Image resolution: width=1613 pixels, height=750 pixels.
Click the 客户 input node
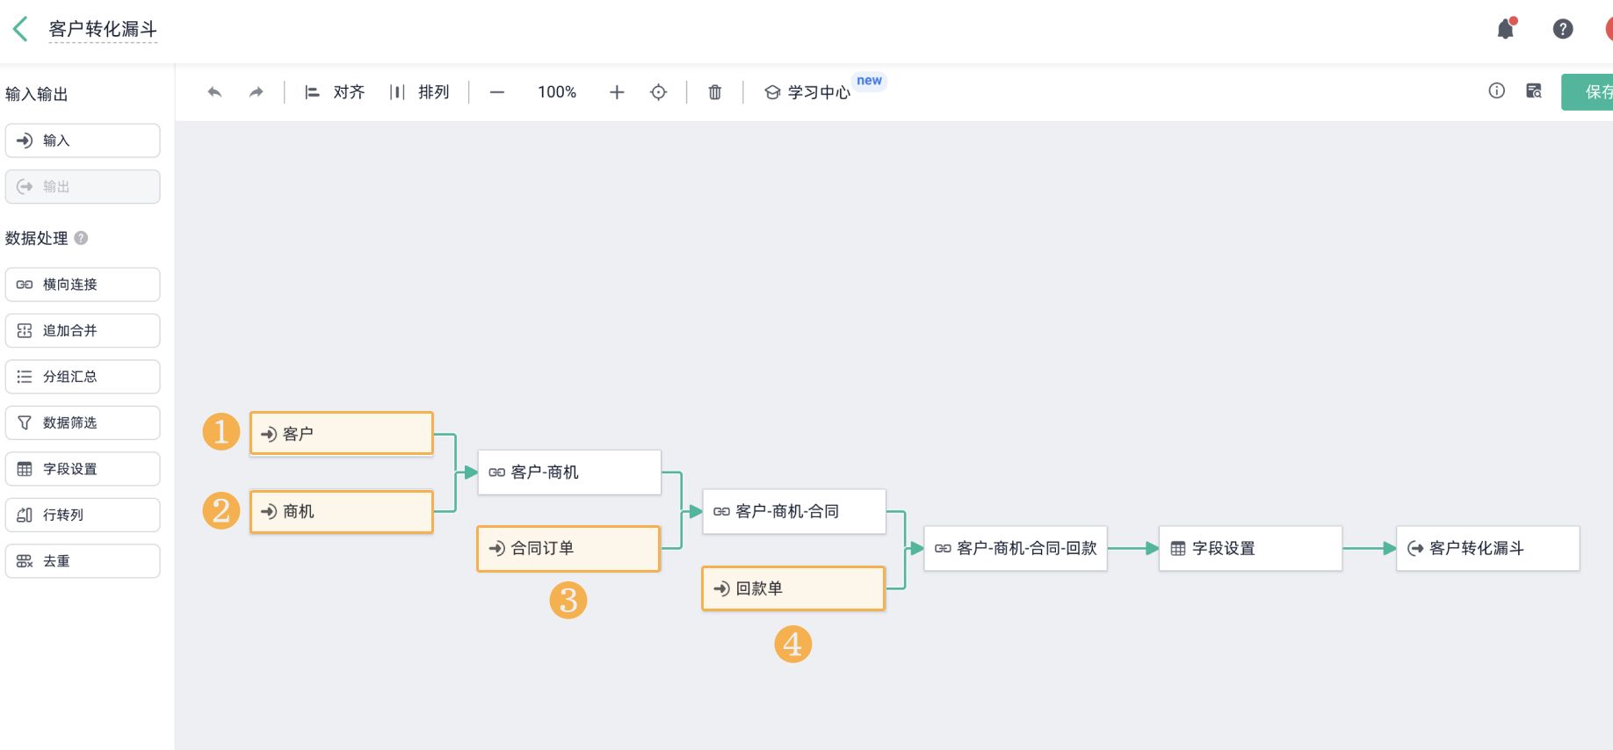[x=341, y=434]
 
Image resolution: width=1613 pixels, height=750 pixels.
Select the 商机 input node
[x=341, y=511]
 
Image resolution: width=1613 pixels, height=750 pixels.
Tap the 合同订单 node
[x=568, y=548]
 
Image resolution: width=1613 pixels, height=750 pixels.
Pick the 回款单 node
[x=792, y=588]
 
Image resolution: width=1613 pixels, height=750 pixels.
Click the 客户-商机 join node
[x=568, y=472]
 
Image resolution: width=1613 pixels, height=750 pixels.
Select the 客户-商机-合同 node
[x=793, y=511]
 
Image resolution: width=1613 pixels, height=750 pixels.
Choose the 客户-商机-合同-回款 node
[x=1015, y=548]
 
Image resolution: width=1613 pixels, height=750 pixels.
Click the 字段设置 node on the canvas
[x=1249, y=548]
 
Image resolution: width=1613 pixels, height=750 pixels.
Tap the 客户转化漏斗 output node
[x=1486, y=548]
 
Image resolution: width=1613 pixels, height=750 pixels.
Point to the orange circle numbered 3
[x=568, y=601]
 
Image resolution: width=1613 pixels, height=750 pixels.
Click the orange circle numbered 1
[x=221, y=432]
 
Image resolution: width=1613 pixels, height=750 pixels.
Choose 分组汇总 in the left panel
[x=83, y=377]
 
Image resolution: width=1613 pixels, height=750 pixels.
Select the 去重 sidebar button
[x=83, y=561]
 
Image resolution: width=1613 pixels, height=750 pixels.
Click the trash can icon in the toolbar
[x=715, y=92]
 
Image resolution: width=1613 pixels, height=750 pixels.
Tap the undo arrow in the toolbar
[x=214, y=92]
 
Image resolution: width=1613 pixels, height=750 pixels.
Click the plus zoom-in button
[x=617, y=92]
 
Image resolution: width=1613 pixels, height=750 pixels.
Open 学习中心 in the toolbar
[x=808, y=92]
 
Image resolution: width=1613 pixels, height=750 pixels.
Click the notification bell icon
[x=1506, y=29]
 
